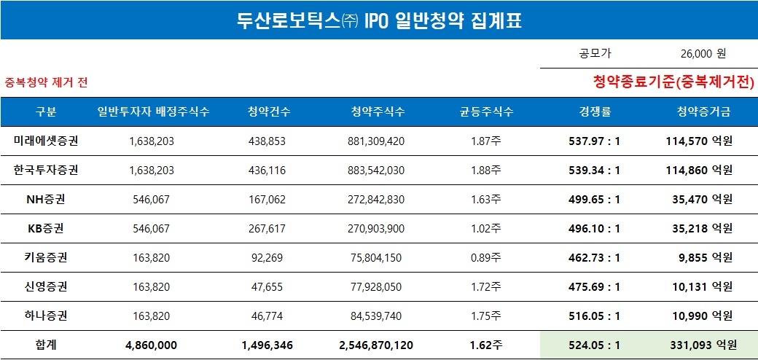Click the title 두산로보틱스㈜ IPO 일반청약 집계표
(x=379, y=20)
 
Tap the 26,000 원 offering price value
(x=703, y=53)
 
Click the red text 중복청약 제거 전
(x=47, y=82)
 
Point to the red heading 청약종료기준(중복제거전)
(x=673, y=82)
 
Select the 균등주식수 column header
(x=486, y=111)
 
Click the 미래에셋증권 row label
(x=46, y=141)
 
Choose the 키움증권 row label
(x=46, y=257)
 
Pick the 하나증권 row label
(x=46, y=316)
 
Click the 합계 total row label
(x=46, y=345)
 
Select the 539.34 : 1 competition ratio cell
(x=594, y=170)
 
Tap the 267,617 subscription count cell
(x=267, y=228)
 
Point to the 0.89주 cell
(x=486, y=257)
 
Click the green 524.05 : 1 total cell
(x=594, y=345)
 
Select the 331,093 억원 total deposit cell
(x=702, y=345)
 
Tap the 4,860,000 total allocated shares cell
(x=152, y=345)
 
